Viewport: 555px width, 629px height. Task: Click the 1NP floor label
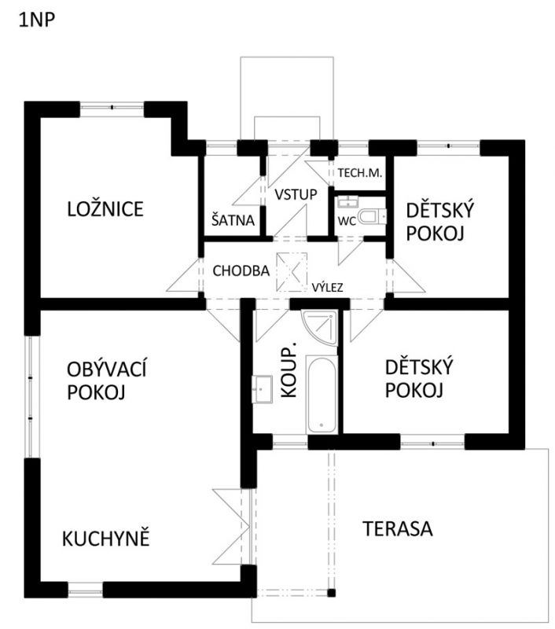(37, 20)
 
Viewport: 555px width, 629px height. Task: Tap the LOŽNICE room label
(105, 209)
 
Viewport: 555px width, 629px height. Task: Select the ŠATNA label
(233, 220)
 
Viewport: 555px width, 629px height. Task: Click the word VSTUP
(296, 194)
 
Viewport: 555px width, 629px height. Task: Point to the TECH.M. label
(360, 173)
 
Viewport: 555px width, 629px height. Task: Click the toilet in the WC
(372, 217)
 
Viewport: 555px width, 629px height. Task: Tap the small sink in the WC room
(347, 202)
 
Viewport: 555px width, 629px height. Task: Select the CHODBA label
(241, 270)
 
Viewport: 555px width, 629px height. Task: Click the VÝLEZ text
(328, 287)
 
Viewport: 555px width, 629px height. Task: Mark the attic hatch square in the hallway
(292, 271)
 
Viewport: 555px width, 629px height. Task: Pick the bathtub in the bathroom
(322, 394)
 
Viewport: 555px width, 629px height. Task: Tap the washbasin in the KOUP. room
(262, 388)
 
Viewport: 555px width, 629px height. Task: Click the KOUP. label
(289, 370)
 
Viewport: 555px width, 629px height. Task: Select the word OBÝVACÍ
(107, 369)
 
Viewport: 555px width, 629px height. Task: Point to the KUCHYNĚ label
(106, 539)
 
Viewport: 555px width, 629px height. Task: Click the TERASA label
(398, 528)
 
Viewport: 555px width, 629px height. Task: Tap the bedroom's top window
(112, 109)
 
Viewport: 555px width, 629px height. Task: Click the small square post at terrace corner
(331, 593)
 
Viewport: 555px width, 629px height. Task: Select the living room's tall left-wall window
(31, 396)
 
